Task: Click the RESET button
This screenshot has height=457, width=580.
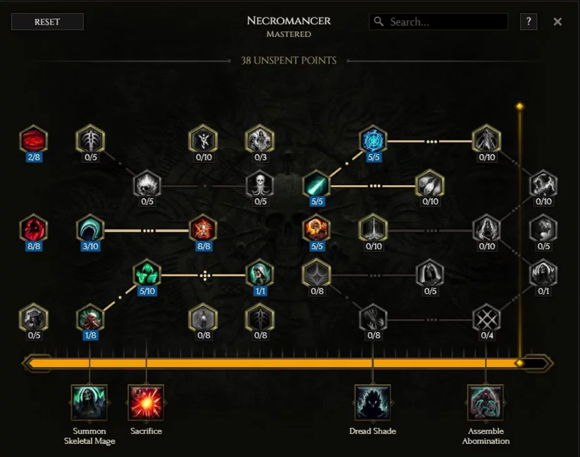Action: [x=47, y=22]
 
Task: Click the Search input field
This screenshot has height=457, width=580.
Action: [x=447, y=22]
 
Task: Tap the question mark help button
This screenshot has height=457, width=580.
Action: [x=528, y=22]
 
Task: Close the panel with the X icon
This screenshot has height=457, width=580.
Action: [x=557, y=22]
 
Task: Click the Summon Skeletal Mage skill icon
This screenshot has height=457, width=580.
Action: [x=89, y=403]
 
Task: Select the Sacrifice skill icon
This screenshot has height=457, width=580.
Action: [x=146, y=403]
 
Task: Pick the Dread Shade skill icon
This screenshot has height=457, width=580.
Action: [x=372, y=403]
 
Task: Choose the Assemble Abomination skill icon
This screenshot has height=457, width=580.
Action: [x=485, y=403]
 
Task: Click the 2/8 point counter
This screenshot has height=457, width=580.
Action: [x=34, y=157]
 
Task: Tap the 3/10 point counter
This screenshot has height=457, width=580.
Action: [x=90, y=246]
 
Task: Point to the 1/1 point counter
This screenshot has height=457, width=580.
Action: [x=260, y=291]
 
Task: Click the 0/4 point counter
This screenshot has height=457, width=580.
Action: [x=487, y=336]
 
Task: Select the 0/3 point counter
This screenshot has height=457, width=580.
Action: [x=260, y=157]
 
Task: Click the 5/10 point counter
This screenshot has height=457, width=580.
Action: [x=147, y=291]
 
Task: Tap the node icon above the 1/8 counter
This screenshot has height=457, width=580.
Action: [x=90, y=318]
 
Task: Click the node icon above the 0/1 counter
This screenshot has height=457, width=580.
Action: [x=543, y=273]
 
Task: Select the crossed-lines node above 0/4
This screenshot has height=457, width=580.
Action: [x=487, y=318]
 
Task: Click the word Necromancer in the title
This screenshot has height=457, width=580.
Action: [x=289, y=21]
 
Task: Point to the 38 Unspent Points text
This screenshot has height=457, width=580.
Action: [x=289, y=61]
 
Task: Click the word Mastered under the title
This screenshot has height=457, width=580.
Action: [x=289, y=35]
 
